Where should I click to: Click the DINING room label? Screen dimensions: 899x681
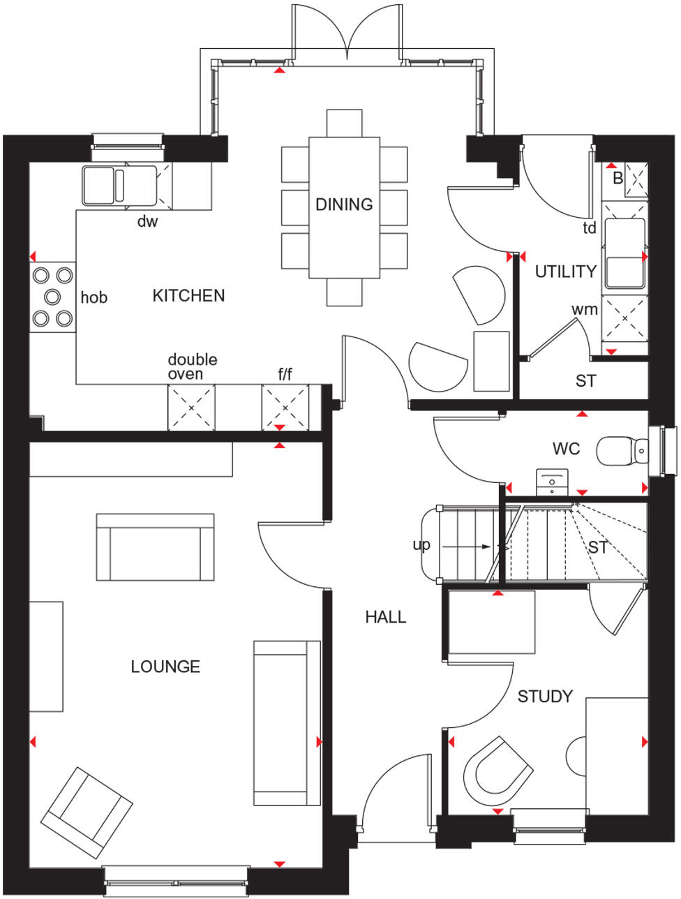pyautogui.click(x=344, y=205)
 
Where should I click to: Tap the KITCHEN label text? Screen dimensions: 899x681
pyautogui.click(x=188, y=296)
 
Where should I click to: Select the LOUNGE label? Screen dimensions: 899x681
pyautogui.click(x=165, y=667)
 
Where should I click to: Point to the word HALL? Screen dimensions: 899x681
pyautogui.click(x=385, y=617)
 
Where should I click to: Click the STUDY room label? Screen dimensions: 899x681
pyautogui.click(x=545, y=697)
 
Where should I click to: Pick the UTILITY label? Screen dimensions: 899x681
pyautogui.click(x=565, y=272)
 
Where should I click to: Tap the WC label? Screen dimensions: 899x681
pyautogui.click(x=566, y=449)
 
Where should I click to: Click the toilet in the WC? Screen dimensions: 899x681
pyautogui.click(x=620, y=451)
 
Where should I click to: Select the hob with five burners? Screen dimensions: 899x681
pyautogui.click(x=53, y=297)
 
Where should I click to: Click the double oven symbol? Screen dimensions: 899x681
pyautogui.click(x=190, y=406)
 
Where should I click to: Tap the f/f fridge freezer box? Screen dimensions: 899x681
pyautogui.click(x=285, y=406)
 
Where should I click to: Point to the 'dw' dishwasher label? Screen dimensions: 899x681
pyautogui.click(x=147, y=222)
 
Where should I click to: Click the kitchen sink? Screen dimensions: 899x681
pyautogui.click(x=103, y=185)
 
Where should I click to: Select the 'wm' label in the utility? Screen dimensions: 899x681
pyautogui.click(x=584, y=309)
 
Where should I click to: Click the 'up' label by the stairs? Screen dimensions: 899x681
pyautogui.click(x=421, y=545)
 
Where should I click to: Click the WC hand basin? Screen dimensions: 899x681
pyautogui.click(x=553, y=482)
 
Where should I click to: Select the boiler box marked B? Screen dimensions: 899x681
pyautogui.click(x=636, y=177)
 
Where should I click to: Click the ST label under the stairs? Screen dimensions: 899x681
pyautogui.click(x=597, y=548)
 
